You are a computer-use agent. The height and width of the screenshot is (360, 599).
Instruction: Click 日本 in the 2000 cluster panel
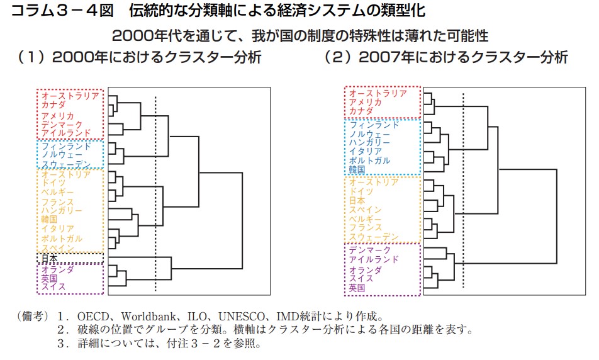[49, 258]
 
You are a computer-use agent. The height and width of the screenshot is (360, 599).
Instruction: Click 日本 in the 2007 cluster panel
[357, 200]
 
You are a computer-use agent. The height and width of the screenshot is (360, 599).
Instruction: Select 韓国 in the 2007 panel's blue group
[357, 169]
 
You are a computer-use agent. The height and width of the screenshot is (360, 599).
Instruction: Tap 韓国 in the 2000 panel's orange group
[49, 219]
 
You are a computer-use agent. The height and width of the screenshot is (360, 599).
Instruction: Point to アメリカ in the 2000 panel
[58, 115]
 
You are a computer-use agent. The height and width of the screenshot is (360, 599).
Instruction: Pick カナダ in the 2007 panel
[361, 111]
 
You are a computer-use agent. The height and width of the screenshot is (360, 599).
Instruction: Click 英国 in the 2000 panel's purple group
[49, 278]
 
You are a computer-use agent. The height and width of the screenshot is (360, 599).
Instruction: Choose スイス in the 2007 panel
[361, 278]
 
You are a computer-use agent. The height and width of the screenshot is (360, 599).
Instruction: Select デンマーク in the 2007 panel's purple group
[370, 250]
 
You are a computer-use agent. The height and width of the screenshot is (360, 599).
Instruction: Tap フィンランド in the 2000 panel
[66, 145]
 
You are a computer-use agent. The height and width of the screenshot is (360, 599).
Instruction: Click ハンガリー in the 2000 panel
[62, 210]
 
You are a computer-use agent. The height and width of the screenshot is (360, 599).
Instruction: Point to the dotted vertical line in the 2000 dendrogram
[155, 194]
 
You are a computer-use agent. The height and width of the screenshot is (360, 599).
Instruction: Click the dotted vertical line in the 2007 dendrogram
[463, 190]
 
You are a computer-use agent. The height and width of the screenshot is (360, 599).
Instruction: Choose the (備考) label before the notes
[32, 317]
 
